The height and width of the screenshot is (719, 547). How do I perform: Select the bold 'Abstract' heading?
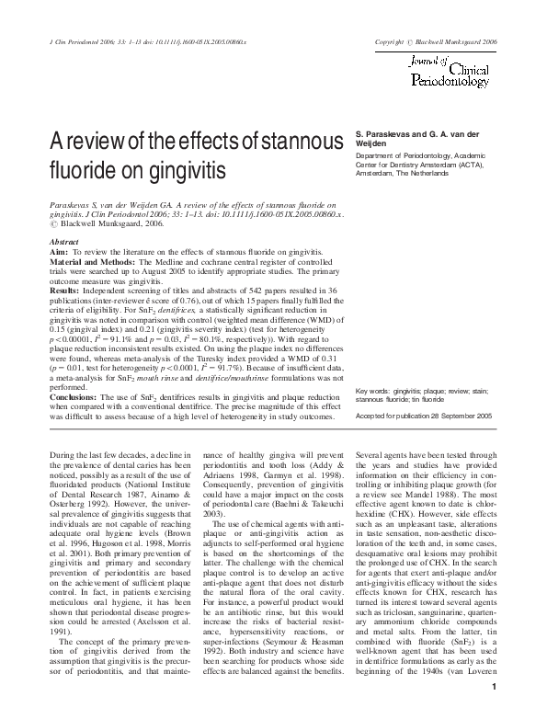63,243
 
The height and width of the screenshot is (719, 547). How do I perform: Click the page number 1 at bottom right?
496,711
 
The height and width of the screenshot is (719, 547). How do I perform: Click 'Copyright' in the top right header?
391,42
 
